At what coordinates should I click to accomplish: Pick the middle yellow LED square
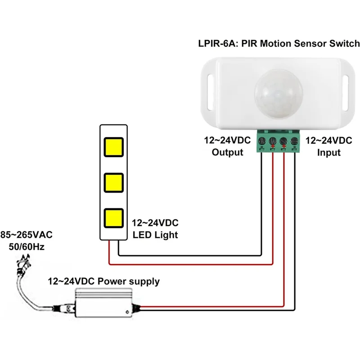coord(114,182)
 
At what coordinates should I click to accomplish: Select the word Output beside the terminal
coord(227,152)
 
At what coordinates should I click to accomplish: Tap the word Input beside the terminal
coord(328,152)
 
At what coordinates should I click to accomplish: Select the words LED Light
coord(155,235)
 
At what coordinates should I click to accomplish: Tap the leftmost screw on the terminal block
coord(263,140)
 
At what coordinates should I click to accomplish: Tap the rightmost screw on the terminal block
coord(294,140)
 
